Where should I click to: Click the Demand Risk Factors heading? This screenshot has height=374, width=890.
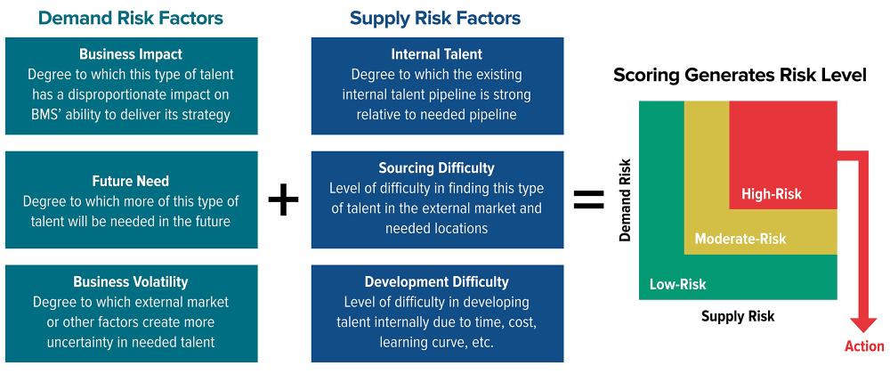[x=131, y=18]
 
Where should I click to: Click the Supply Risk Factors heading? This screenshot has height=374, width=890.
[x=435, y=18]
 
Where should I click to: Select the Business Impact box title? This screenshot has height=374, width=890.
[x=131, y=54]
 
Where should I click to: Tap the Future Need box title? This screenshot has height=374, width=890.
[x=131, y=182]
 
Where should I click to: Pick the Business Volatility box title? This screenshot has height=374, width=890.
[x=131, y=281]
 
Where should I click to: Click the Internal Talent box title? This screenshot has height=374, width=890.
[x=436, y=54]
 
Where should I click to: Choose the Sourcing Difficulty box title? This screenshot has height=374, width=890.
[x=436, y=168]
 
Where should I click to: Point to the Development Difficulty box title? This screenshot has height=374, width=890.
[x=436, y=281]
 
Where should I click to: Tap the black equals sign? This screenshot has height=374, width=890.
[x=588, y=199]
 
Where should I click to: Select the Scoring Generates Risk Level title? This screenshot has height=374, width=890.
[x=740, y=76]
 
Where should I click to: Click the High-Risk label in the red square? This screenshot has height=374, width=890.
[x=772, y=194]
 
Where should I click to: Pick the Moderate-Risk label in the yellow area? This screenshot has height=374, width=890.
[x=740, y=239]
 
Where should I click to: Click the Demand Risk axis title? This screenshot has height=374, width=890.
[x=625, y=199]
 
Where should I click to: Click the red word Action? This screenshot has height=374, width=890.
[x=864, y=346]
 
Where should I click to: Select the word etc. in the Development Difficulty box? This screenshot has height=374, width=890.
[x=482, y=342]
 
